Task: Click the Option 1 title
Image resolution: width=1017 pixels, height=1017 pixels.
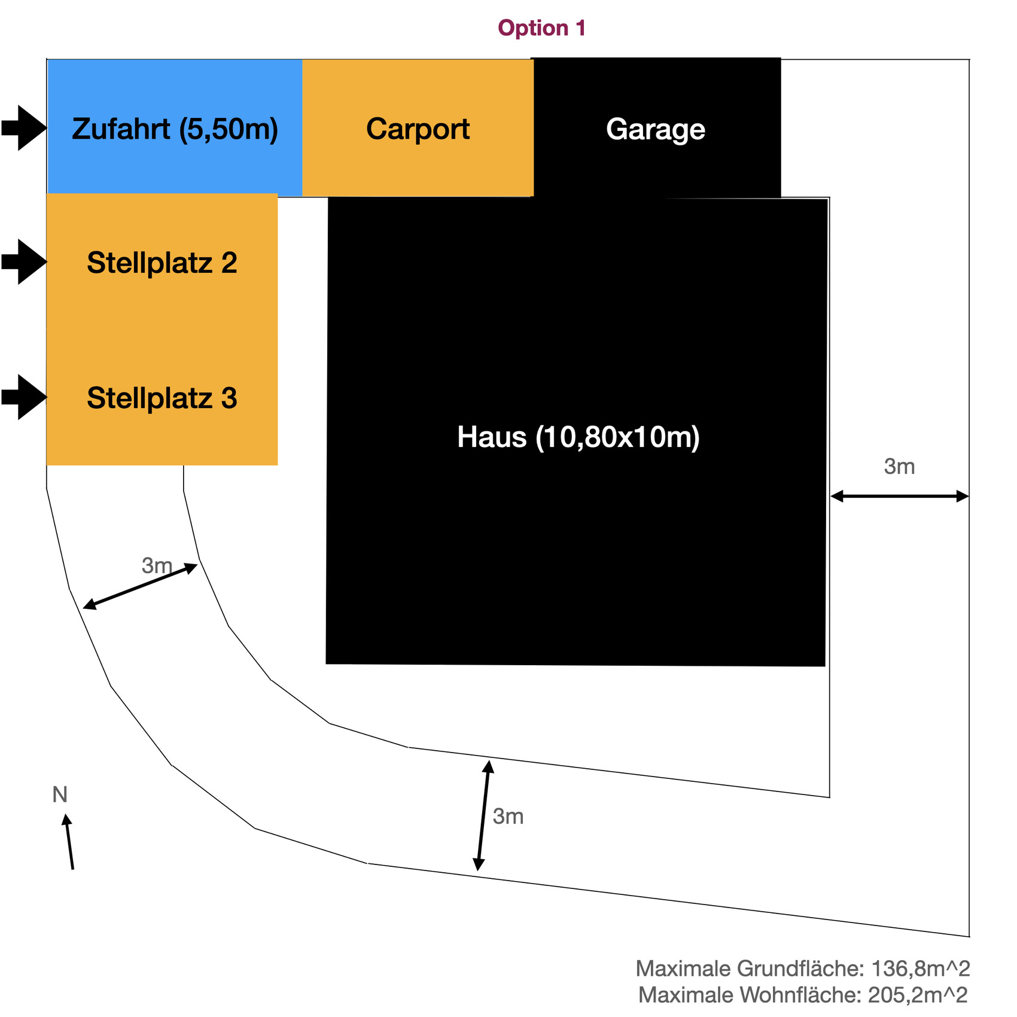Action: click(541, 28)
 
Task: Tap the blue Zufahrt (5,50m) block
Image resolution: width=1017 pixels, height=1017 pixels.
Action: click(175, 129)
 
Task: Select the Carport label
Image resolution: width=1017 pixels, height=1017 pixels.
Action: click(418, 129)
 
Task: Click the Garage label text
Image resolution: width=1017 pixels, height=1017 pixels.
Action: click(655, 129)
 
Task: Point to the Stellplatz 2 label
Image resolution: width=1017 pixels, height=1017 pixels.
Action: click(162, 263)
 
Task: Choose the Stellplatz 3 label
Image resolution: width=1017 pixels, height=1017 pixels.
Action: click(162, 398)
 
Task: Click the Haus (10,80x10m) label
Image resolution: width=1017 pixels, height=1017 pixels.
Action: click(578, 437)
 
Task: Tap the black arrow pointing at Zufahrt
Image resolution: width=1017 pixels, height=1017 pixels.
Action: click(24, 127)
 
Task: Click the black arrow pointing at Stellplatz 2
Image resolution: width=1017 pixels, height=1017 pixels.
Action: click(24, 261)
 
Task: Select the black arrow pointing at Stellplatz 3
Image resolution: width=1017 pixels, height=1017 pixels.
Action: click(24, 397)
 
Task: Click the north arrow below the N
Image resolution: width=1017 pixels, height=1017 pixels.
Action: click(69, 841)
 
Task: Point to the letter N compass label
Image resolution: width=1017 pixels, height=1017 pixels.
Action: click(60, 794)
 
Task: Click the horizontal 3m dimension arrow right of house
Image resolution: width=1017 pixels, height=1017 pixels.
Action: click(899, 495)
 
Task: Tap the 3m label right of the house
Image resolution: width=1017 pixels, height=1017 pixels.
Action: click(899, 467)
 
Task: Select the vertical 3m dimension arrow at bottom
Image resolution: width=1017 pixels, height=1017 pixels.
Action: click(483, 815)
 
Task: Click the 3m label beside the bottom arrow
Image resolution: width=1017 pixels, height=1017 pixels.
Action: click(508, 817)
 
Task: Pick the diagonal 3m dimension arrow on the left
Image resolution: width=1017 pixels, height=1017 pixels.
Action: click(140, 586)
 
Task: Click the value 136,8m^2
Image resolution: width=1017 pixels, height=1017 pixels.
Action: click(920, 968)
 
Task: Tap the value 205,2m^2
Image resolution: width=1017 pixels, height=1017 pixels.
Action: click(917, 995)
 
